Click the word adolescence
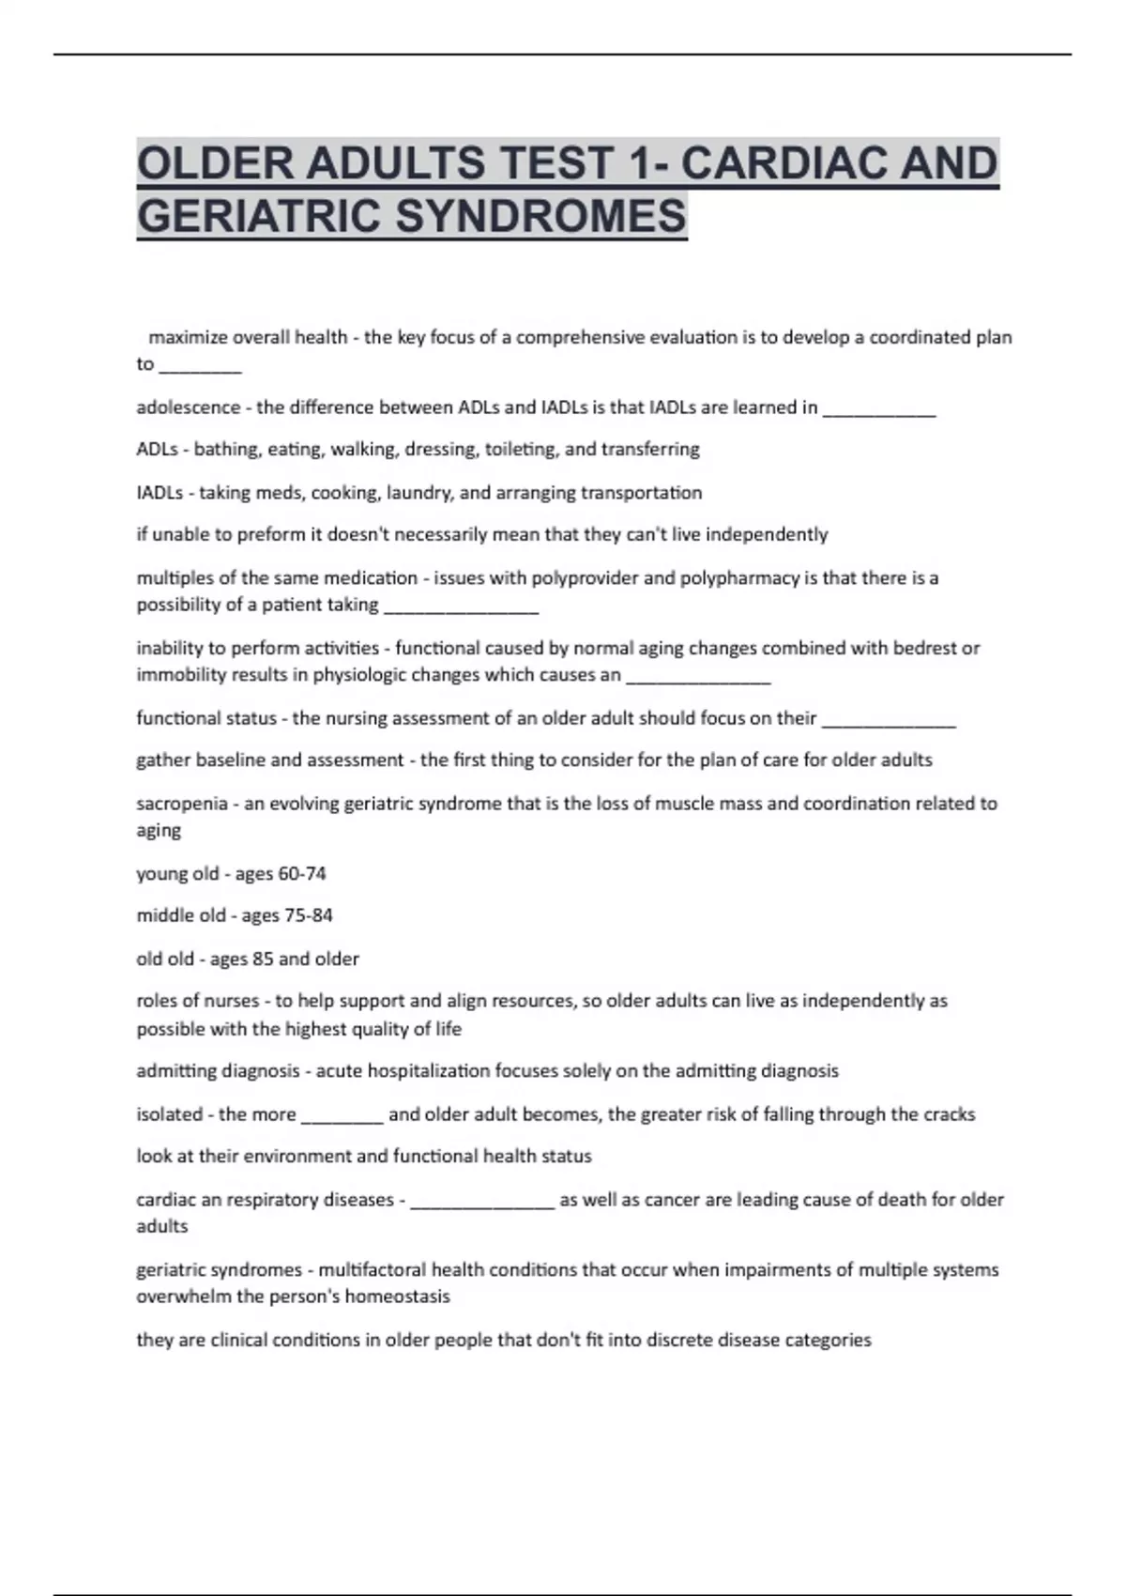click(189, 407)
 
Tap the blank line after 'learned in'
click(879, 411)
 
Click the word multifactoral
click(373, 1269)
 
